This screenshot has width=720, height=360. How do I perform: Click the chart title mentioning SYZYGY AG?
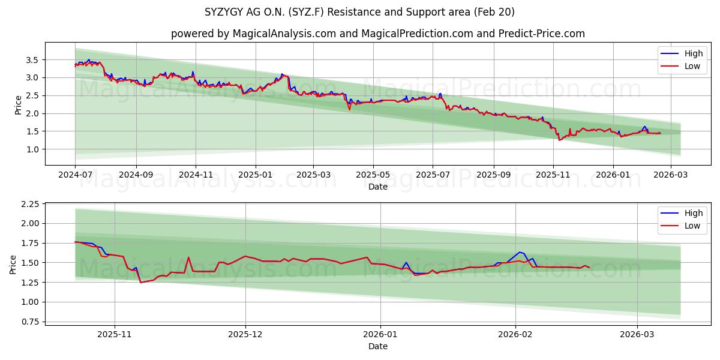tap(360, 12)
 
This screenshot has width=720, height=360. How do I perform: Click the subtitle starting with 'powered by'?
tap(378, 34)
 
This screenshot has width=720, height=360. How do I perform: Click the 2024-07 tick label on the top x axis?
tap(75, 174)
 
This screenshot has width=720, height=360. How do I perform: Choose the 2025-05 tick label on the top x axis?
tap(373, 174)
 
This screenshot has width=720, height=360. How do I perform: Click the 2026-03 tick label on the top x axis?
tap(670, 174)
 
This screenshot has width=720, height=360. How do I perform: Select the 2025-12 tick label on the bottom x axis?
tap(246, 334)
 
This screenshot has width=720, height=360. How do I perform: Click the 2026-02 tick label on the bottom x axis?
tap(516, 334)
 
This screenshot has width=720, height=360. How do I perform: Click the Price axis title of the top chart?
tap(18, 104)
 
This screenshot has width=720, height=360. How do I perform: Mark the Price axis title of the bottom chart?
tap(13, 264)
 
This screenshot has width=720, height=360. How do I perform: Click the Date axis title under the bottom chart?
tap(378, 346)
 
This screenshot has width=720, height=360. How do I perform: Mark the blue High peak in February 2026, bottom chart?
tap(520, 252)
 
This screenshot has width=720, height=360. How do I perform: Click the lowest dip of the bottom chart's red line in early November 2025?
tap(141, 282)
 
